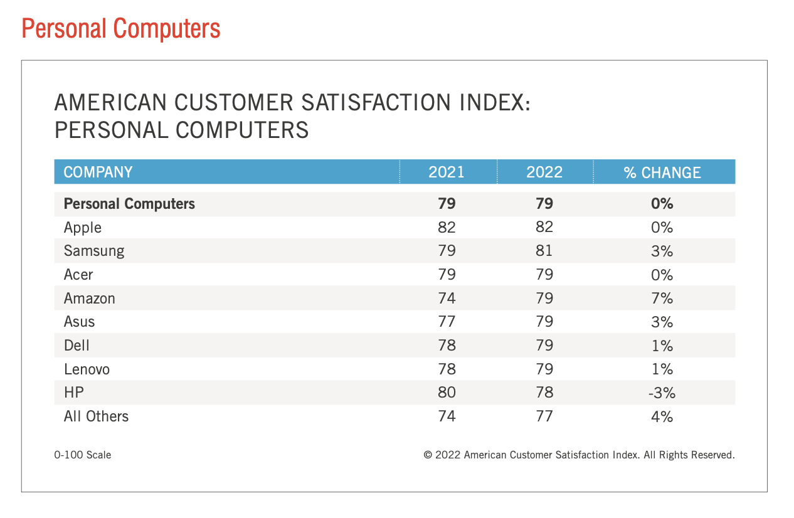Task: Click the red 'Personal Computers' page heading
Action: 121,29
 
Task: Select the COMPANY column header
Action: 98,172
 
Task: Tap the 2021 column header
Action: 447,172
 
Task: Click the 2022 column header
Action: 544,172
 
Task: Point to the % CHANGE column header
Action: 662,172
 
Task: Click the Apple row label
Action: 83,228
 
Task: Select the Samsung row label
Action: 94,251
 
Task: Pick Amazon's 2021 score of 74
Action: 447,299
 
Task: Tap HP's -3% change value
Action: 662,393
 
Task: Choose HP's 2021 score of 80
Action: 447,393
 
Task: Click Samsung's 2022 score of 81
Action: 544,251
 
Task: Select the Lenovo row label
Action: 87,369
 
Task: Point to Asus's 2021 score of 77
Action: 447,322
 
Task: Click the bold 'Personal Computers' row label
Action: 129,204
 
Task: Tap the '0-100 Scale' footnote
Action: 83,455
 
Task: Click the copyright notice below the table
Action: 579,455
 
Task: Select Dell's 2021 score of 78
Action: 447,346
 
